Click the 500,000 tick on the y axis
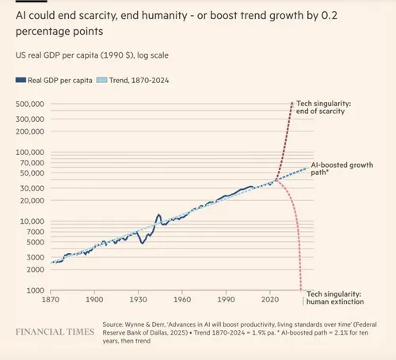pyautogui.click(x=31, y=104)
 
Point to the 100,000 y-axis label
pyautogui.click(x=31, y=152)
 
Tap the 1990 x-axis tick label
pyautogui.click(x=227, y=301)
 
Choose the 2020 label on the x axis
pyautogui.click(x=270, y=301)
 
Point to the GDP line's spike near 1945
pyautogui.click(x=158, y=214)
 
